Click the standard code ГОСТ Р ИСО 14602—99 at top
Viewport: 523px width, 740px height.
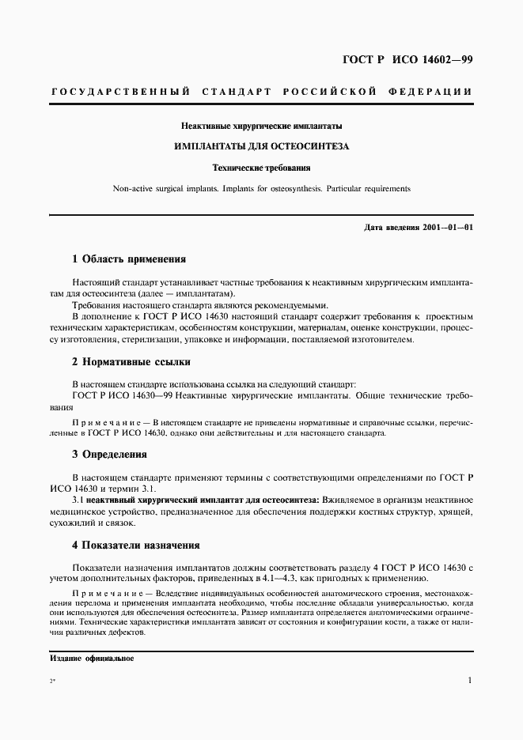point(407,59)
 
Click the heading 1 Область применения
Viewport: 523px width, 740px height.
point(129,259)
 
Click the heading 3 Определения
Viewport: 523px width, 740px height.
point(110,455)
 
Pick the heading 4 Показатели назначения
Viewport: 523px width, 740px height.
point(136,545)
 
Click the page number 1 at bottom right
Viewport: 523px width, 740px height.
point(470,681)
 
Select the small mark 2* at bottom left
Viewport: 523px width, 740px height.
point(52,682)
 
